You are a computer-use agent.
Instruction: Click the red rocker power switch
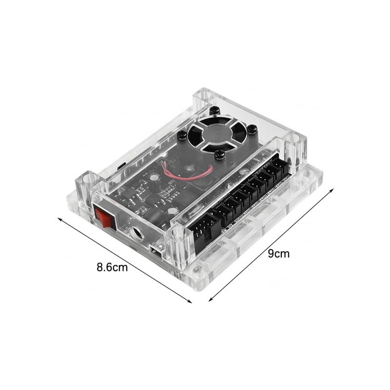click(105, 217)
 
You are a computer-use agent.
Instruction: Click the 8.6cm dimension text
click(112, 267)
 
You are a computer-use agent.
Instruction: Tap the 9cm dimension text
click(279, 253)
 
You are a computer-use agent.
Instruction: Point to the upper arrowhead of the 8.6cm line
click(59, 219)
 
